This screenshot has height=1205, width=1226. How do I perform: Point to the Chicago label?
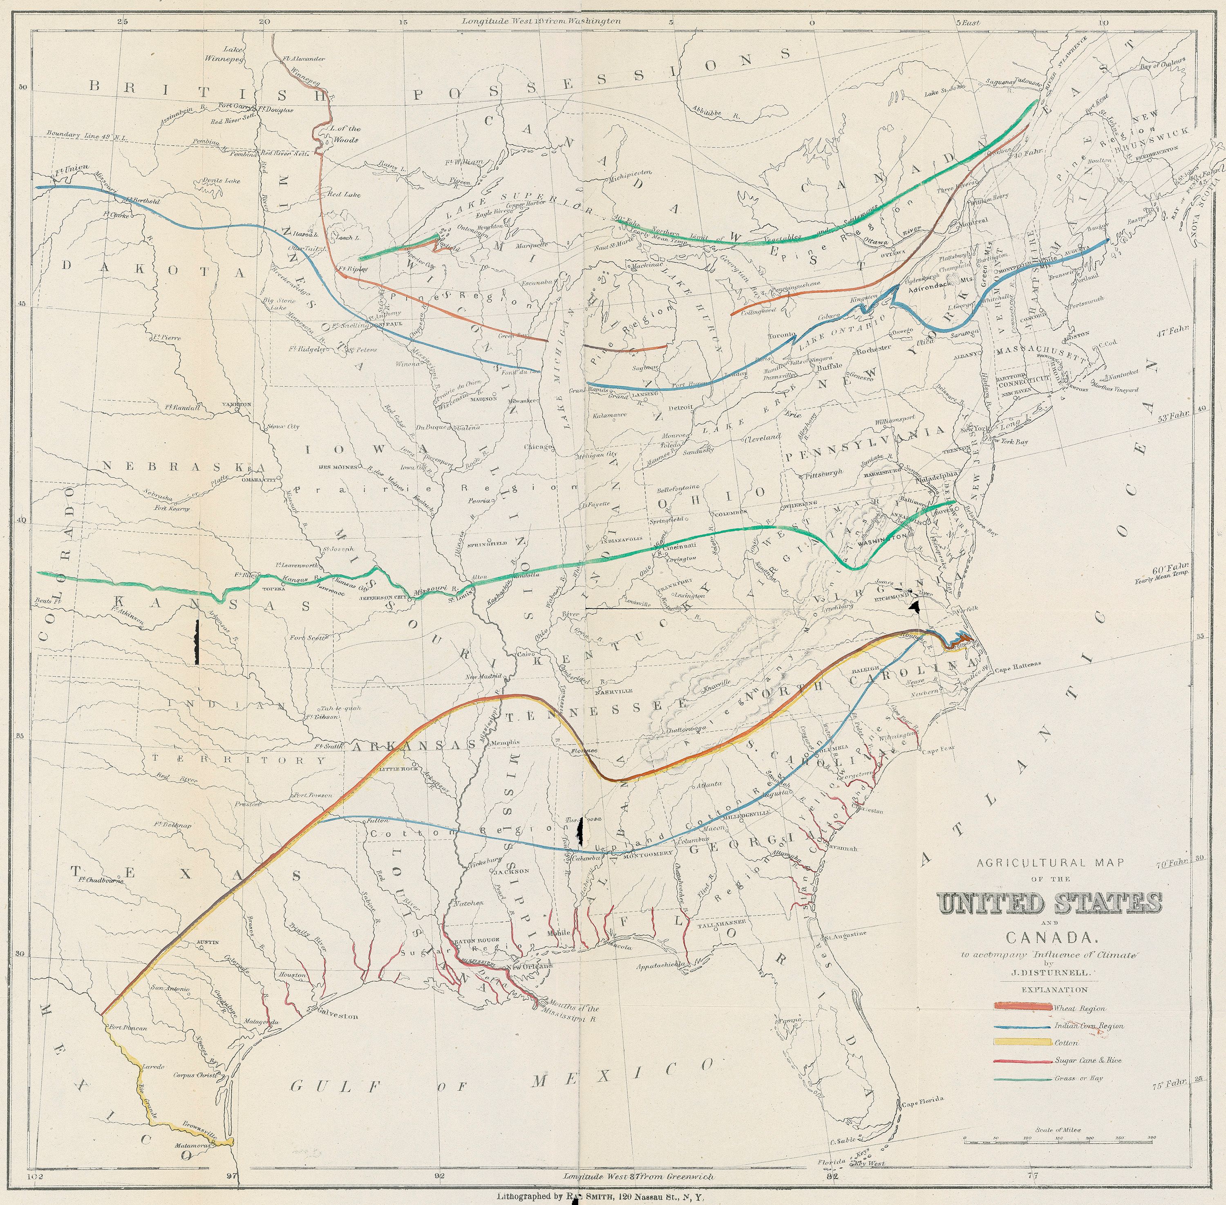(x=538, y=446)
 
